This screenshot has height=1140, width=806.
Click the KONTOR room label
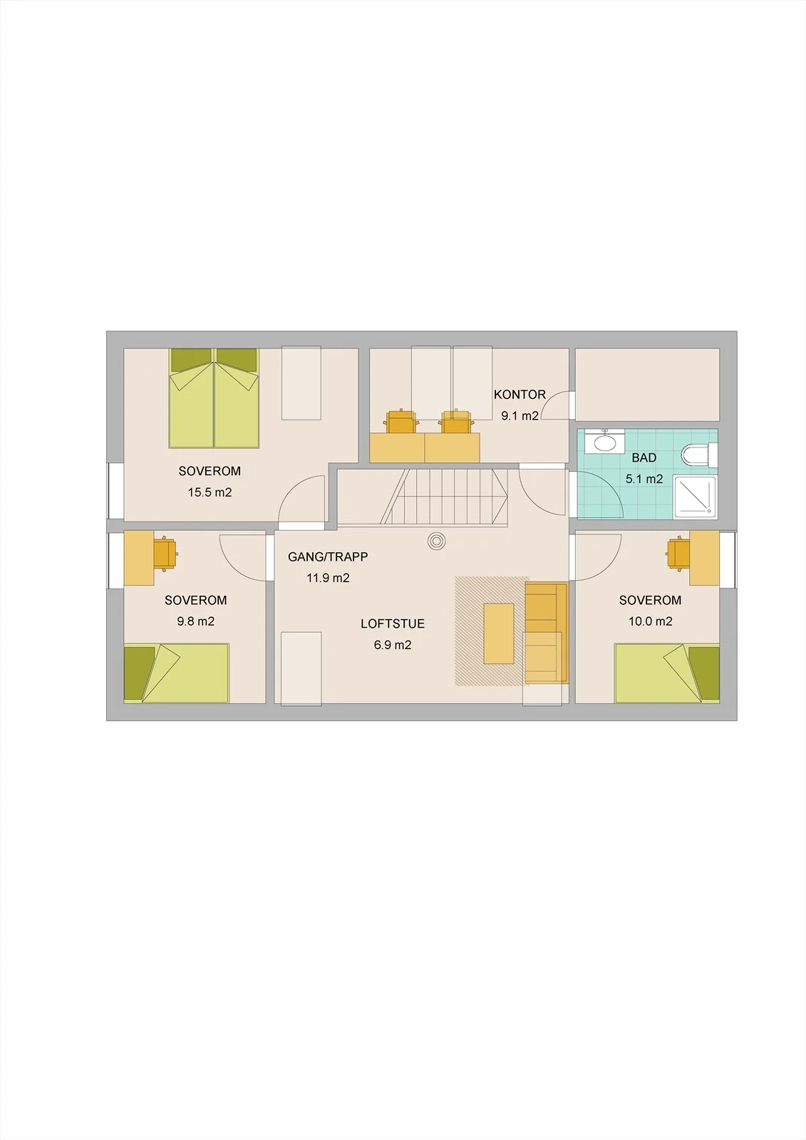pyautogui.click(x=520, y=395)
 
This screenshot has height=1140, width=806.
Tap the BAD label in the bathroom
pyautogui.click(x=644, y=457)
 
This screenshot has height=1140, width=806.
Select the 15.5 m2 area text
pyautogui.click(x=210, y=492)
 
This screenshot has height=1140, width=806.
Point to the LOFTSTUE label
pyautogui.click(x=393, y=623)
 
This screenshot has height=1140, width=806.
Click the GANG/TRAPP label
pyautogui.click(x=328, y=556)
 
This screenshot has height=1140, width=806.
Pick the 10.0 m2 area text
pyautogui.click(x=650, y=621)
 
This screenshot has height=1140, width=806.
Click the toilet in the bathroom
pyautogui.click(x=699, y=455)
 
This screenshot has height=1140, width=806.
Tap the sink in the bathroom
pyautogui.click(x=605, y=441)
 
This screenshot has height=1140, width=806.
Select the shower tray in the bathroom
pyautogui.click(x=695, y=497)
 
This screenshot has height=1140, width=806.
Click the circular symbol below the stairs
pyautogui.click(x=436, y=541)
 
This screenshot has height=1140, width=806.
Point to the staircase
pyautogui.click(x=423, y=497)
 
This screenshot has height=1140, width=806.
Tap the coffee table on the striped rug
pyautogui.click(x=499, y=633)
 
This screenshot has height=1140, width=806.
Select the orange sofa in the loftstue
pyautogui.click(x=547, y=633)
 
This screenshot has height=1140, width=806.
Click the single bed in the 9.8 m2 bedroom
pyautogui.click(x=177, y=673)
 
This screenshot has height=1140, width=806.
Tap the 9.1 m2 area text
pyautogui.click(x=520, y=416)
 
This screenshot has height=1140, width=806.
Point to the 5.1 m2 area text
pyautogui.click(x=644, y=479)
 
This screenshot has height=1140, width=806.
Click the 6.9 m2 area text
pyautogui.click(x=393, y=645)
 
